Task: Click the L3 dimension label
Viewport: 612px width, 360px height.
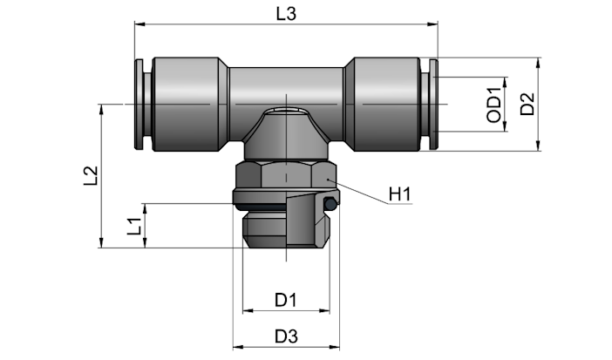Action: coord(286,14)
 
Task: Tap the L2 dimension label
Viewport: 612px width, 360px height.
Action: coord(91,176)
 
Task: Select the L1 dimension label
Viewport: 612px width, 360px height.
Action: coord(134,227)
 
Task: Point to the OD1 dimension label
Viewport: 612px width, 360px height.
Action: coord(493,105)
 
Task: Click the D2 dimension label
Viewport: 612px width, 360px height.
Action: coord(527,104)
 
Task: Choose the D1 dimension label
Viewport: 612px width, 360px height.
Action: coord(286,300)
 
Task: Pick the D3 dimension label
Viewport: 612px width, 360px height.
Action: coord(286,336)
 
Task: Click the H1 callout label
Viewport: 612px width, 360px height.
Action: coord(400,194)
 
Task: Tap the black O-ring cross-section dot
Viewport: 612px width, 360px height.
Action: coord(330,203)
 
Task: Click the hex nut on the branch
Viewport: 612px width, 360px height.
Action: coord(286,175)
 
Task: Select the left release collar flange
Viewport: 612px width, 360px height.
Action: coord(139,105)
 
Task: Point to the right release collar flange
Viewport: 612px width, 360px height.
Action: coord(433,105)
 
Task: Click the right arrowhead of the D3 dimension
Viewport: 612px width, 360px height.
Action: coord(335,347)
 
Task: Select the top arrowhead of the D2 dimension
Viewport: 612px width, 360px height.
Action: coord(539,63)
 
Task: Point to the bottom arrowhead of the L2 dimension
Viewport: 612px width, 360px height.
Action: coord(102,242)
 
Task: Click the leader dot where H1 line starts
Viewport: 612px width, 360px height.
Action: coord(329,180)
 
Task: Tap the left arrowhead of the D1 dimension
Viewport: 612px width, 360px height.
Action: coord(248,311)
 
